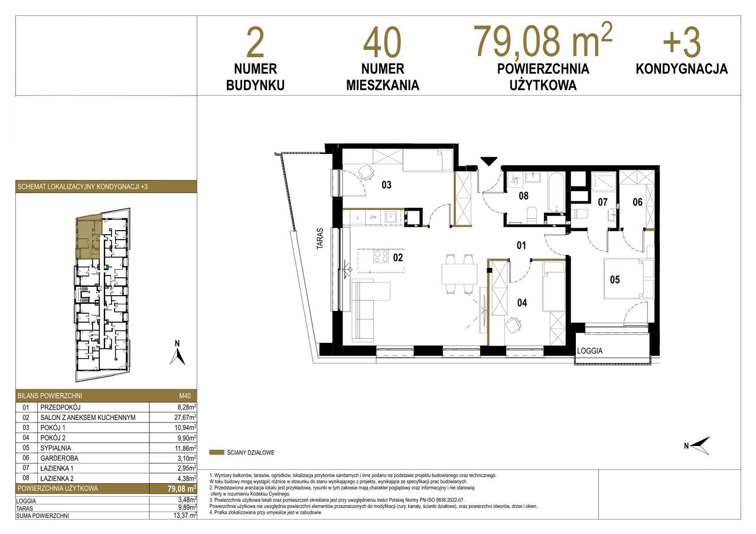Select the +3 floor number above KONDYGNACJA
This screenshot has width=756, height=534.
[x=682, y=43]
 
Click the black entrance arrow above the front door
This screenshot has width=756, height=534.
[x=488, y=162]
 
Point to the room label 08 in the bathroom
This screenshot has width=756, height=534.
[x=523, y=195]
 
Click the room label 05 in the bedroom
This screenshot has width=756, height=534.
[x=615, y=280]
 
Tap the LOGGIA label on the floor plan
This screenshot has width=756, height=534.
[x=589, y=351]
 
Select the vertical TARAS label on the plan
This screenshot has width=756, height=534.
[x=320, y=239]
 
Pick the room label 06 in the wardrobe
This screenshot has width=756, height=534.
[x=637, y=202]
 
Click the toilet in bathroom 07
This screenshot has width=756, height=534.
[x=581, y=214]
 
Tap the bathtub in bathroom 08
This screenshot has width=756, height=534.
[x=555, y=192]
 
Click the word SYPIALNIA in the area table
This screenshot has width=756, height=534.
[x=56, y=448]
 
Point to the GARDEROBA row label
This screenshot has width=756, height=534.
[x=59, y=458]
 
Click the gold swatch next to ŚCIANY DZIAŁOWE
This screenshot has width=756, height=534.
[x=217, y=453]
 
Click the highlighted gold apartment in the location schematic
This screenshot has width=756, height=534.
[x=89, y=237]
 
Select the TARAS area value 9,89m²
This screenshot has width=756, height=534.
[x=187, y=508]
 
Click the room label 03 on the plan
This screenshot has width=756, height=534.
[x=386, y=185]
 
